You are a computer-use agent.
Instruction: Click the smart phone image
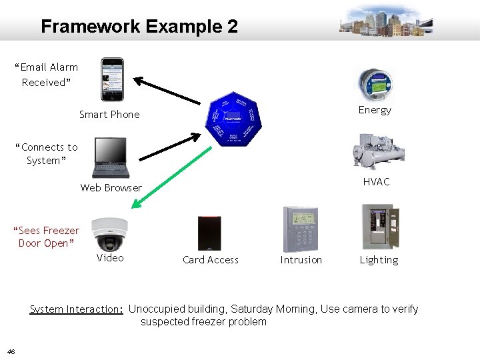[111, 79]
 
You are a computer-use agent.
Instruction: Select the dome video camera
[108, 233]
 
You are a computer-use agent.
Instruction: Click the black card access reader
[209, 233]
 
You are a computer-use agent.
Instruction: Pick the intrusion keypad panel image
[301, 229]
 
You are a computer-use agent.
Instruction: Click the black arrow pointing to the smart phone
[167, 91]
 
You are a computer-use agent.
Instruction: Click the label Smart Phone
[109, 115]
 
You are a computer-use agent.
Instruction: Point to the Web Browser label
[111, 188]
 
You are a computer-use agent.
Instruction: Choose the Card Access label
[210, 260]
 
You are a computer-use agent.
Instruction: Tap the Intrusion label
[301, 260]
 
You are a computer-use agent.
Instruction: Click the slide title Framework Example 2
[139, 27]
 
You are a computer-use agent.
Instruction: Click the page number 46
[11, 351]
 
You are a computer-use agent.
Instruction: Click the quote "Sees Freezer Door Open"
[46, 237]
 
